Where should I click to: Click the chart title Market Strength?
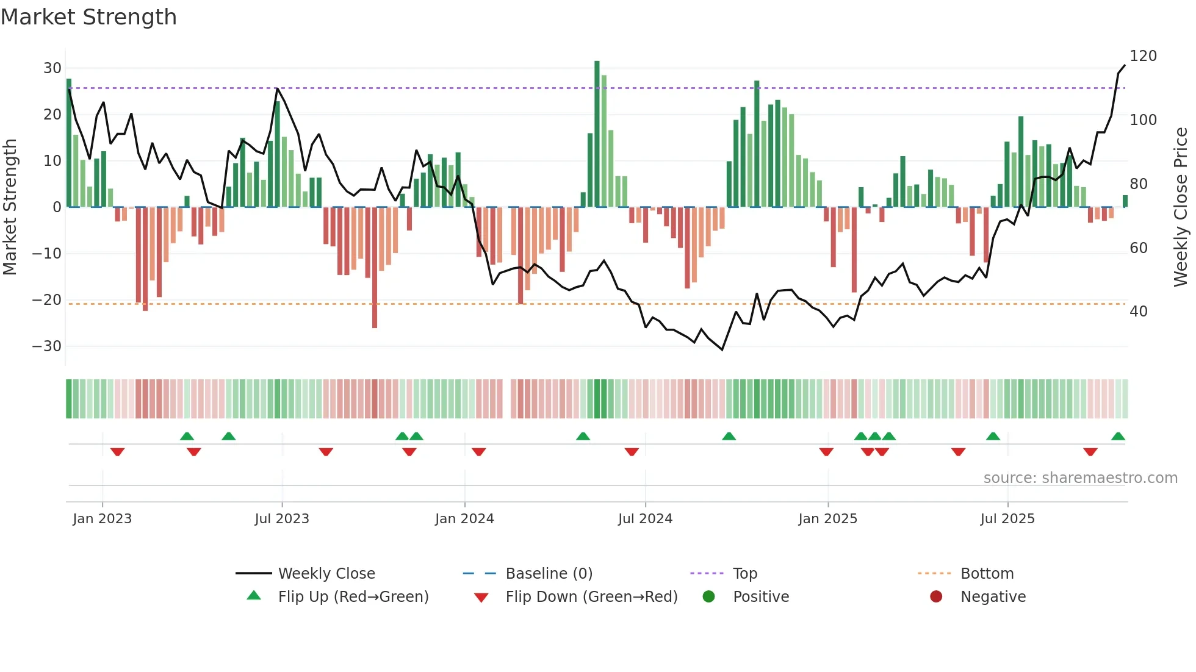tap(88, 17)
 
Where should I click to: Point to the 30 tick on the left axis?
tap(52, 68)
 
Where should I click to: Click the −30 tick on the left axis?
tap(47, 346)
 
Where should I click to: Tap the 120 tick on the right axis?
tap(1143, 56)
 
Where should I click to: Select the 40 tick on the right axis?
tap(1139, 312)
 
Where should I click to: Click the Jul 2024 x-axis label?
tap(645, 519)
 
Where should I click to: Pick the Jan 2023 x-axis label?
tap(102, 519)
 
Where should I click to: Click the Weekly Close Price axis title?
tap(1181, 207)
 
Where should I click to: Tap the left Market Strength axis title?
tap(10, 207)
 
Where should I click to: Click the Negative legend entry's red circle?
tap(936, 596)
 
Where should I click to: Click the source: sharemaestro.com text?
tap(1080, 478)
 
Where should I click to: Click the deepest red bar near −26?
tap(375, 268)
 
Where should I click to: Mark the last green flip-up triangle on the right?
tap(1118, 437)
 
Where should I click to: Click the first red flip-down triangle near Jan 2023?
tap(117, 452)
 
